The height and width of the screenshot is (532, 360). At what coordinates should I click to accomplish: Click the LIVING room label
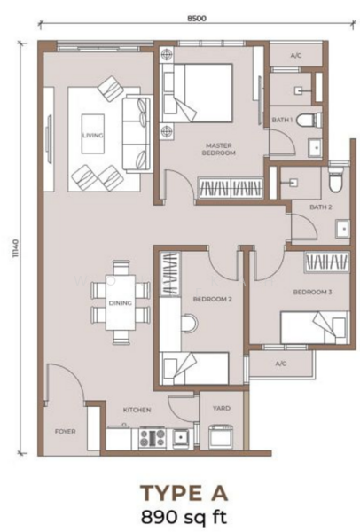(92, 135)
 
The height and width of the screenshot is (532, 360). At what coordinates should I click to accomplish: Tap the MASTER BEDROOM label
(219, 149)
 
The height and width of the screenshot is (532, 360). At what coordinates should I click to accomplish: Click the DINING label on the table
(121, 303)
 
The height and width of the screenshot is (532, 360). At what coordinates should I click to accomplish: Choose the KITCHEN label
(137, 411)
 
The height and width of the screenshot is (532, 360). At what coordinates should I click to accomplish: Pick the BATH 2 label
(319, 207)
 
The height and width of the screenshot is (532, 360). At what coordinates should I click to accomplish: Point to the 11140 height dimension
(15, 248)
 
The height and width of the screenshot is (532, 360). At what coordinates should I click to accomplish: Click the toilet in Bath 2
(334, 182)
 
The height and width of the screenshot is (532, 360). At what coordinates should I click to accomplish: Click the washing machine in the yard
(219, 436)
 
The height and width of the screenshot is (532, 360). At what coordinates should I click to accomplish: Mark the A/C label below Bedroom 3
(280, 364)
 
